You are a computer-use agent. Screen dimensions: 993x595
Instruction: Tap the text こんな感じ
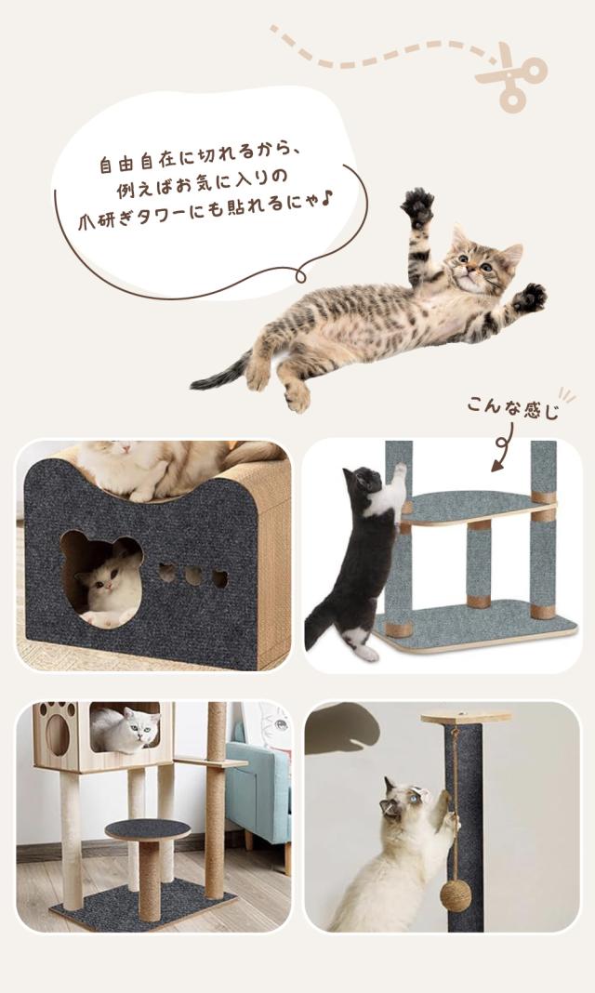(x=513, y=407)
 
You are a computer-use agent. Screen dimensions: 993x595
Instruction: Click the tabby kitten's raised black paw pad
(x=418, y=206)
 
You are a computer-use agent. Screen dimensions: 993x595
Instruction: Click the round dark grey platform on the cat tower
(x=148, y=829)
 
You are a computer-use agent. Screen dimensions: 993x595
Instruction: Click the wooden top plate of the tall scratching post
(x=465, y=717)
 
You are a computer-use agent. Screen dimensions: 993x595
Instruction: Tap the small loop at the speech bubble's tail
(x=300, y=275)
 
